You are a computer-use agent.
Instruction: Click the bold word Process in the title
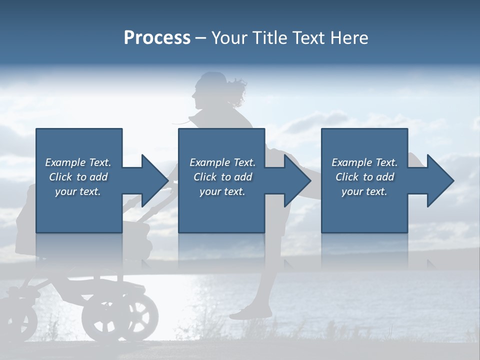pyautogui.click(x=157, y=38)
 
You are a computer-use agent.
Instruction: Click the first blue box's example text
pyautogui.click(x=78, y=177)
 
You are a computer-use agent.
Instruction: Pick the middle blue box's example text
pyautogui.click(x=222, y=177)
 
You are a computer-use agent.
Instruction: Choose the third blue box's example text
pyautogui.click(x=364, y=177)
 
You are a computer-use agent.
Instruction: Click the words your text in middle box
pyautogui.click(x=222, y=191)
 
